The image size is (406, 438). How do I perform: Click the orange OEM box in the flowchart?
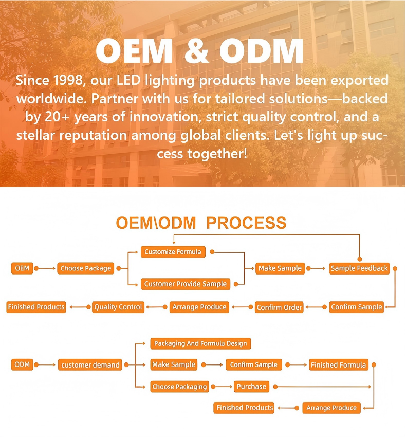[22, 268]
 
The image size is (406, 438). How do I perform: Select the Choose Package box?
[86, 268]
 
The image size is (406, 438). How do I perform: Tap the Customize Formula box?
[173, 252]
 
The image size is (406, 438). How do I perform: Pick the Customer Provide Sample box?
[185, 284]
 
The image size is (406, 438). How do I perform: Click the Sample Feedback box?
[359, 268]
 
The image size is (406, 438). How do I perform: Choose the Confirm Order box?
[279, 307]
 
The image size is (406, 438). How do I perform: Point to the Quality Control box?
[118, 307]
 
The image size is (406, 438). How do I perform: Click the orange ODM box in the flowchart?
[22, 364]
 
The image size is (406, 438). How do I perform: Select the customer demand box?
[90, 365]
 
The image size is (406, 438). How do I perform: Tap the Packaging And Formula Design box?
[200, 343]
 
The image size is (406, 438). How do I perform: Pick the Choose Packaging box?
[179, 387]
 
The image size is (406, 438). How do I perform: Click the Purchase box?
[251, 386]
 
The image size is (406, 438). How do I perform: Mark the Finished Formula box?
[338, 365]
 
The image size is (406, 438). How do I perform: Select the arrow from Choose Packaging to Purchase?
[221, 386]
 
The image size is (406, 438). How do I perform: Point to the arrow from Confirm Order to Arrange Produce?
[241, 307]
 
